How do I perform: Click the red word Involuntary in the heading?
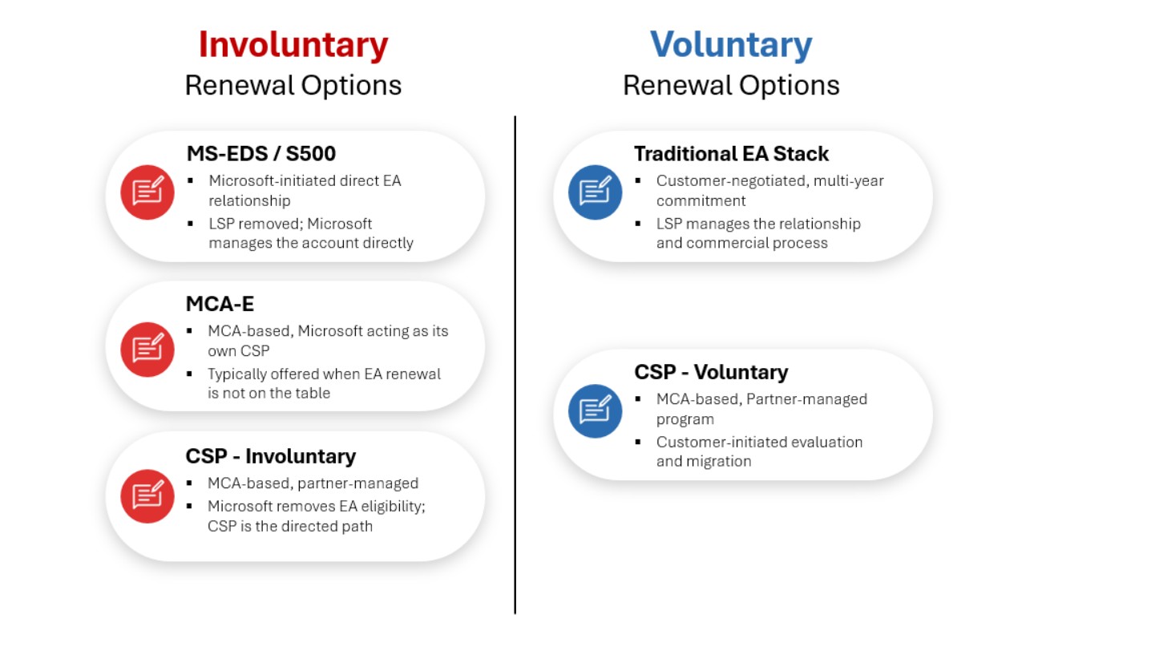293,45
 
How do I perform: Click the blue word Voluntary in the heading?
731,45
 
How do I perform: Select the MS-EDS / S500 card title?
261,153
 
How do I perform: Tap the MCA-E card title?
220,304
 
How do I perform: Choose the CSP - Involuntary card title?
271,456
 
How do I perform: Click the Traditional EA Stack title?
731,153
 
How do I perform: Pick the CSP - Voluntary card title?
711,372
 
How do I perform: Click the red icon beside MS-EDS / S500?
147,192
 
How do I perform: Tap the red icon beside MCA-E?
147,349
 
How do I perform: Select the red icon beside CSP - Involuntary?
147,496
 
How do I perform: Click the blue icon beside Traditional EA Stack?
595,192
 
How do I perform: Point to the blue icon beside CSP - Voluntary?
595,411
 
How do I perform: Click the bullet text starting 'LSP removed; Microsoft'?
310,233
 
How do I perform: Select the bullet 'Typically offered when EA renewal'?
324,383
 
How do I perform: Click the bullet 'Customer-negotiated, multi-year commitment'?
769,191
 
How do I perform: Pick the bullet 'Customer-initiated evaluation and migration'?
759,451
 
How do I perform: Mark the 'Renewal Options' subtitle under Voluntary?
731,85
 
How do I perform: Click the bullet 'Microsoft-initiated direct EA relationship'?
305,191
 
